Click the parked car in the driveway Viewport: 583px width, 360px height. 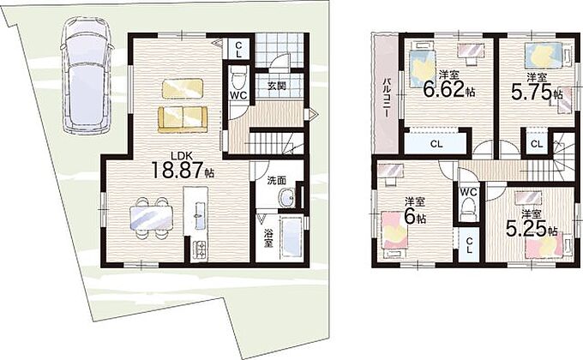tap(87, 76)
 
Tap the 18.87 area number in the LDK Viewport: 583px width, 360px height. tap(177, 170)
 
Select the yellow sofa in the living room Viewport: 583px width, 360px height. tap(183, 119)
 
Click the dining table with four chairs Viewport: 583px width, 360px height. tap(151, 218)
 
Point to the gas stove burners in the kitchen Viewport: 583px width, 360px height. tap(201, 249)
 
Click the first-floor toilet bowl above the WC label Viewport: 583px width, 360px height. tap(238, 78)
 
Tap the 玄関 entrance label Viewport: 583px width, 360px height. tap(277, 86)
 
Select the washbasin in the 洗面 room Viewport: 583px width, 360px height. tap(287, 197)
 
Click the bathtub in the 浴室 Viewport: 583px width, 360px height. tap(291, 237)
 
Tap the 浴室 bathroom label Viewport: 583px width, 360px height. tap(267, 238)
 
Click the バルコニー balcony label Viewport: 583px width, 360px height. tap(387, 99)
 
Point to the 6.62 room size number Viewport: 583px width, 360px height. tap(443, 88)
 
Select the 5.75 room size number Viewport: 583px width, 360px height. tap(531, 92)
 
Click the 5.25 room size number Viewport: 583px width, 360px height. tap(526, 228)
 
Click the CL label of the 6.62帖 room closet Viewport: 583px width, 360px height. tap(436, 143)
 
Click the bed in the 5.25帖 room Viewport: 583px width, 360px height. tap(549, 246)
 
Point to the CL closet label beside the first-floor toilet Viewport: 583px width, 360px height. tap(238, 50)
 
